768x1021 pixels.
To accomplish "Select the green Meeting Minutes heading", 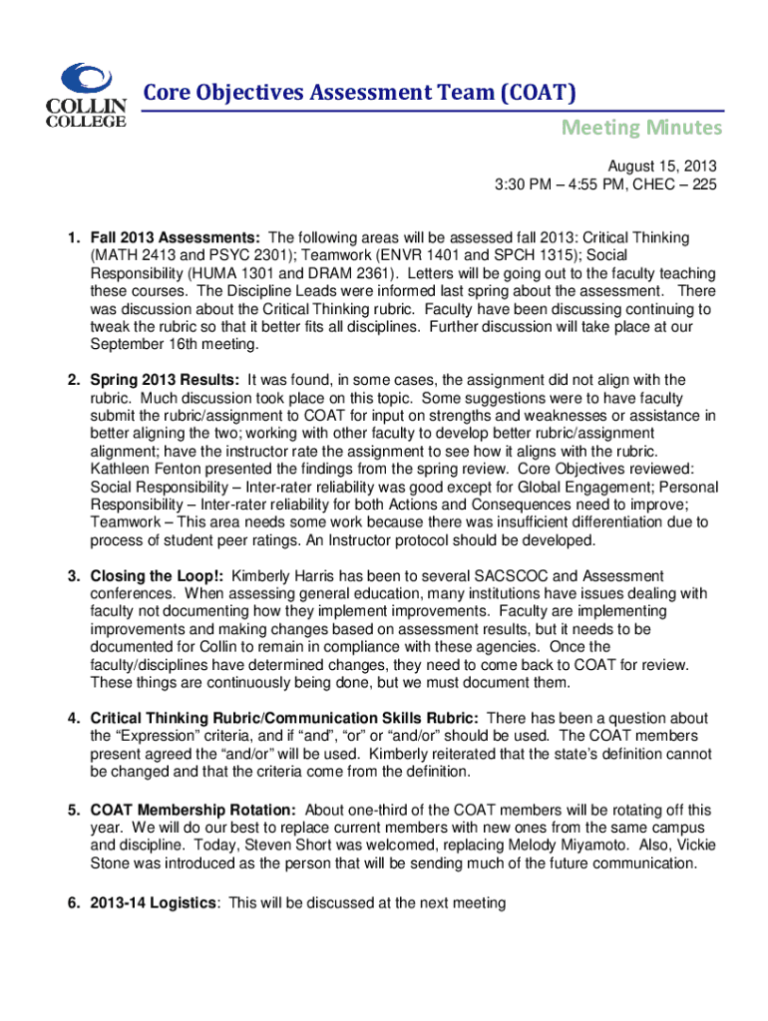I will point(640,128).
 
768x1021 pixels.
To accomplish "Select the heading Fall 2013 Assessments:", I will point(177,238).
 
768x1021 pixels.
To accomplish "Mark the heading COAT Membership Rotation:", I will point(192,810).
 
